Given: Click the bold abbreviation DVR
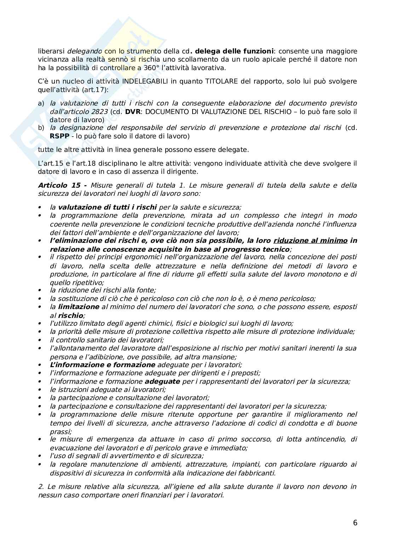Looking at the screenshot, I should coord(132,112).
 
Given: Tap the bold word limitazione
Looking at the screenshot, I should coord(79,307).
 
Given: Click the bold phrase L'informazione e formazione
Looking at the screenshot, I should coord(102,365).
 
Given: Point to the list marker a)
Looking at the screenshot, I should coord(41,103).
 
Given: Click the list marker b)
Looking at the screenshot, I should coord(41,127).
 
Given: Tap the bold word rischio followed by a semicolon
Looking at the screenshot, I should coord(71,315).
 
